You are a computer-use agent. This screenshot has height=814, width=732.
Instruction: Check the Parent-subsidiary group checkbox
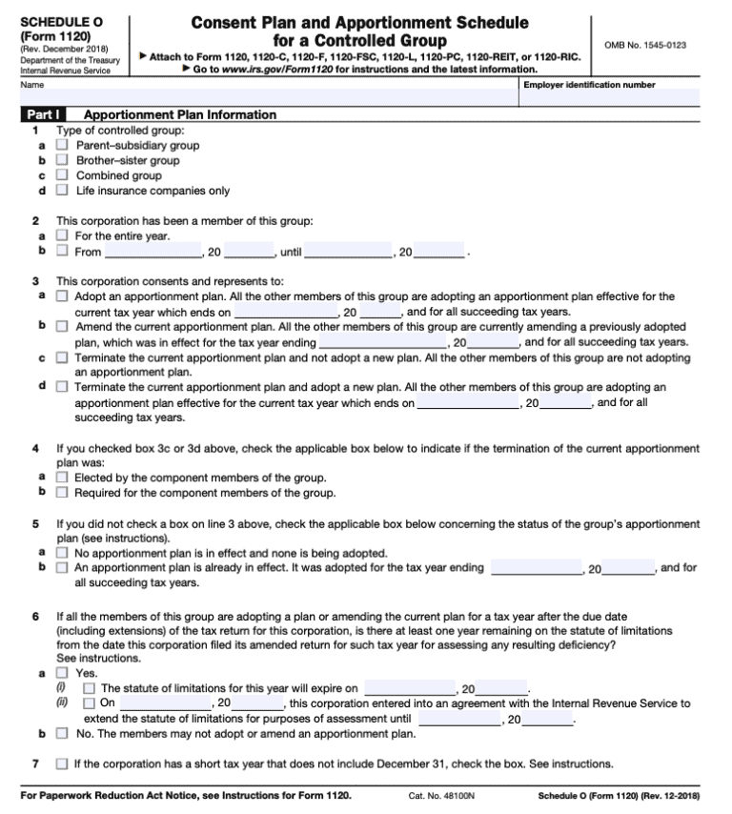[62, 146]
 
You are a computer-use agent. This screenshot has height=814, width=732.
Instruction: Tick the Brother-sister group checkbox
[62, 161]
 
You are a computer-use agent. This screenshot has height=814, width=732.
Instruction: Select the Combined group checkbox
[62, 175]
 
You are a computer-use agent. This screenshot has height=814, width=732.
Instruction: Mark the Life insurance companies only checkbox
[62, 191]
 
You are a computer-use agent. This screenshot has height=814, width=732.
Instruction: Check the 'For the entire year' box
[62, 235]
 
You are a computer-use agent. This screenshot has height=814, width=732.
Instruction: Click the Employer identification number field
[610, 97]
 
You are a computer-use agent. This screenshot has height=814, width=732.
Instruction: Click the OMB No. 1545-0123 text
[645, 45]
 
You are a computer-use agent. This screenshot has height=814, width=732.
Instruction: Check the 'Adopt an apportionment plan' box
[62, 296]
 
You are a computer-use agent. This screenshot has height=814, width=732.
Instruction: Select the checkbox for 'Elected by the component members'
[62, 478]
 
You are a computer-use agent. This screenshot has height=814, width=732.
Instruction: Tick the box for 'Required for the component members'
[62, 493]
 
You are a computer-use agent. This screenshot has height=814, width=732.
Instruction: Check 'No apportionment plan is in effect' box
[62, 553]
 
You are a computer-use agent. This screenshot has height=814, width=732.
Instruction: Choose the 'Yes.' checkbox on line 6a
[62, 672]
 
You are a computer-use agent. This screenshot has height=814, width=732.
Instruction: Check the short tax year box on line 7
[62, 763]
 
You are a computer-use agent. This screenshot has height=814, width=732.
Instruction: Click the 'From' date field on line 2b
[152, 252]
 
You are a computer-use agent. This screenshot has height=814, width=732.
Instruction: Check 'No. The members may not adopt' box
[62, 734]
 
